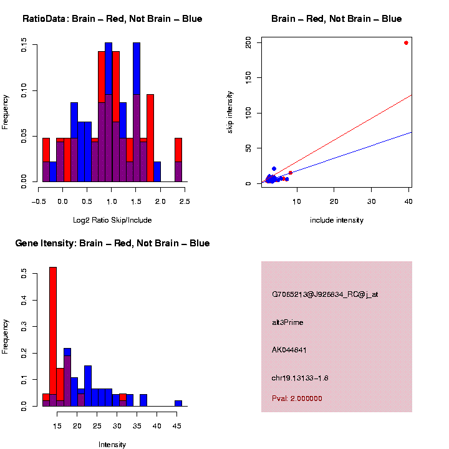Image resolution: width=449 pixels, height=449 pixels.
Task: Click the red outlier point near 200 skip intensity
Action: tap(406, 43)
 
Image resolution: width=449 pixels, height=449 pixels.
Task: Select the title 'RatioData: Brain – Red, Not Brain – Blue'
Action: tap(112, 19)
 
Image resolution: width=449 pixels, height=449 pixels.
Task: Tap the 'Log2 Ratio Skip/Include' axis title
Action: tap(112, 220)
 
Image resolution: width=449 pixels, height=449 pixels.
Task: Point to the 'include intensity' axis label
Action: tap(337, 220)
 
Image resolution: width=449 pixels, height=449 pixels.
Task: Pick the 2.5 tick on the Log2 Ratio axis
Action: tap(185, 201)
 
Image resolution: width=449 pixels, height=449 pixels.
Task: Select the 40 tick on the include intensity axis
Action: tap(409, 201)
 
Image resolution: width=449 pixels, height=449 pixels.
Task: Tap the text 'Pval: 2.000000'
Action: tap(297, 398)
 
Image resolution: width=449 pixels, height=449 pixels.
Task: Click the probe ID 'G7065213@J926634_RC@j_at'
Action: tap(325, 294)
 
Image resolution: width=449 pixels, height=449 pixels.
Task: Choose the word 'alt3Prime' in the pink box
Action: tap(287, 322)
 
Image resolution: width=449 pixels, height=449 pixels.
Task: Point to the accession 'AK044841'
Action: tap(289, 350)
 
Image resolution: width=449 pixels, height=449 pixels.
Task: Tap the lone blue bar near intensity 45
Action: tap(178, 403)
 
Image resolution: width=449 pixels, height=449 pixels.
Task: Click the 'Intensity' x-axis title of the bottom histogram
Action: tap(112, 445)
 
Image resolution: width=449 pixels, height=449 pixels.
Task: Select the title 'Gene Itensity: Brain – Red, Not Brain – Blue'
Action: tap(112, 243)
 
